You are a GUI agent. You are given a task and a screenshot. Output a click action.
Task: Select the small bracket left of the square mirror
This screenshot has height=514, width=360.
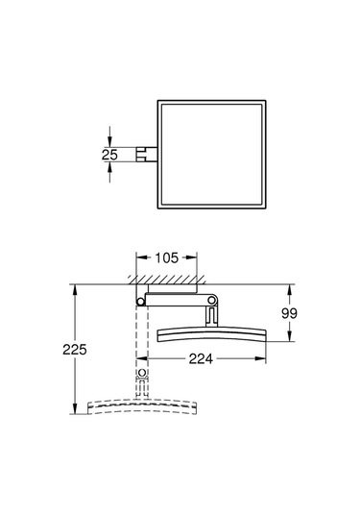click(146, 153)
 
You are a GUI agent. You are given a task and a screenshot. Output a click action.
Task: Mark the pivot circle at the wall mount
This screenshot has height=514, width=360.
click(142, 302)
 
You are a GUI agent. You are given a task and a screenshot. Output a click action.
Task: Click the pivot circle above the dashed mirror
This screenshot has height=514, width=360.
click(143, 373)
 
